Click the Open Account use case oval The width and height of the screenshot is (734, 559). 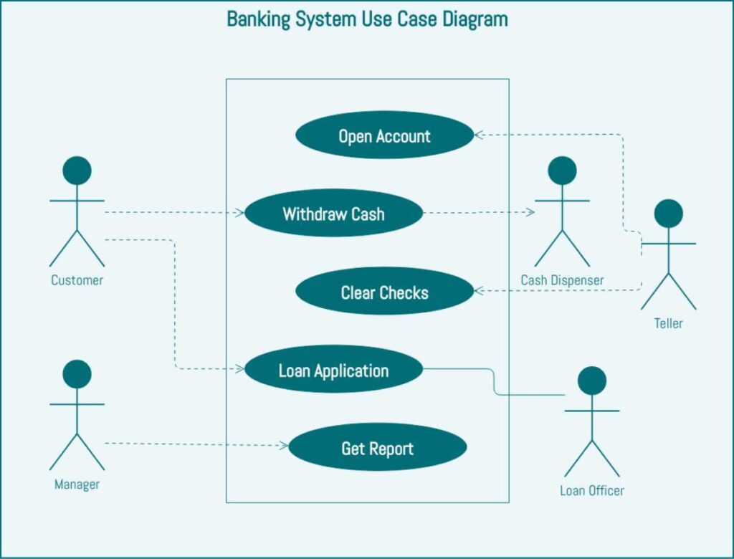click(x=385, y=135)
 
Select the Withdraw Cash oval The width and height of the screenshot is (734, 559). click(x=333, y=213)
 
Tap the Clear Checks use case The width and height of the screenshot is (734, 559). click(x=385, y=292)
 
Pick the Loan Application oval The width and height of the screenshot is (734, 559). click(x=333, y=370)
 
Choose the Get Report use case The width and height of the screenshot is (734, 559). click(x=377, y=448)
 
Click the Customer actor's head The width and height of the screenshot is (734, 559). click(x=77, y=171)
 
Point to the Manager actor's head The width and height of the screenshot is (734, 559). click(x=77, y=374)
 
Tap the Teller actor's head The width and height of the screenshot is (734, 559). click(x=668, y=214)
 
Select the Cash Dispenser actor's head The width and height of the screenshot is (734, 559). click(x=562, y=171)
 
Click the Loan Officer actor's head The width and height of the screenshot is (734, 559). click(x=591, y=381)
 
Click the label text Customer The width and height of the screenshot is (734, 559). click(x=77, y=280)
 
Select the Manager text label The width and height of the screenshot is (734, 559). click(x=77, y=484)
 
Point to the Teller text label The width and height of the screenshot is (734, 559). click(x=668, y=323)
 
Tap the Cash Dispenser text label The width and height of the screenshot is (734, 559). click(x=562, y=280)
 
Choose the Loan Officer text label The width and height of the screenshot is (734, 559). click(x=591, y=491)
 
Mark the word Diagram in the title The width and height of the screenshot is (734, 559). click(x=475, y=19)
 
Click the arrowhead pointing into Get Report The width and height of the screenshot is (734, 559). click(x=283, y=445)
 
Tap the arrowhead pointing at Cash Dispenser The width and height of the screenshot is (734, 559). click(x=530, y=212)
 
